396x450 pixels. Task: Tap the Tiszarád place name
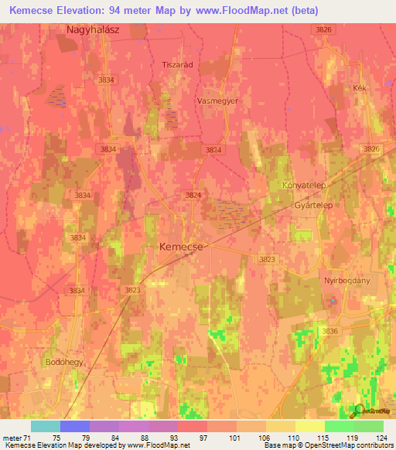tap(176, 65)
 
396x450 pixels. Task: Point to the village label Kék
tap(358, 88)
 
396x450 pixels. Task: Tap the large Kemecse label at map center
tap(182, 247)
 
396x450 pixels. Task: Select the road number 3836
tap(330, 331)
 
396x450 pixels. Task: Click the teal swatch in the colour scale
tap(45, 426)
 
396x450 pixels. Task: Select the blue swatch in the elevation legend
tap(74, 426)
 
